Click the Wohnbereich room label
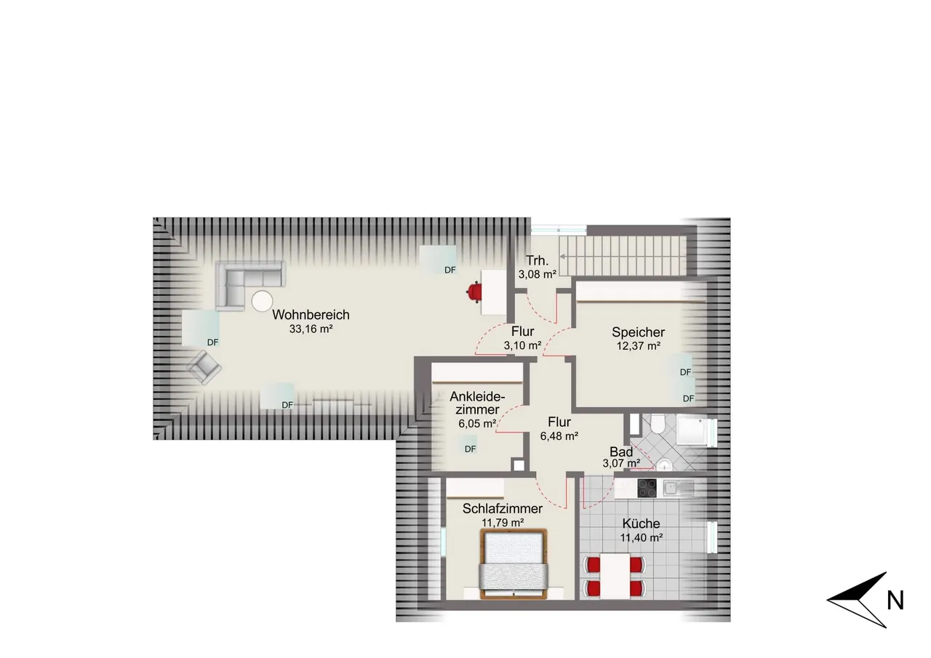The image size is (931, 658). tap(311, 315)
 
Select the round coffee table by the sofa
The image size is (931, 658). tap(263, 301)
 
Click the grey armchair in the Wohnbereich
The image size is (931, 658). tap(204, 367)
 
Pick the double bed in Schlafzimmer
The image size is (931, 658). tap(514, 563)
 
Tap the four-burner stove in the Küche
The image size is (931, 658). tap(647, 489)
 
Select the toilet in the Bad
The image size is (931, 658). tap(658, 424)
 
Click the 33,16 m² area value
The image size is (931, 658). tap(311, 329)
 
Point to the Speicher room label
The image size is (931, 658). tap(638, 332)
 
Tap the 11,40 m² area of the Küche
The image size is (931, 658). tap(642, 537)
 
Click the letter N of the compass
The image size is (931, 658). tap(895, 601)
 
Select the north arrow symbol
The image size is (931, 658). tap(857, 599)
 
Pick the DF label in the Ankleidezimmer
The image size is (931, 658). tap(470, 449)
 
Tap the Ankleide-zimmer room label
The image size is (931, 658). tap(477, 403)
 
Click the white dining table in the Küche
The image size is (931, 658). tap(615, 576)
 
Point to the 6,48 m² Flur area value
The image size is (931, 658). tap(559, 436)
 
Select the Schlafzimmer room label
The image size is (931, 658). tap(503, 508)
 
